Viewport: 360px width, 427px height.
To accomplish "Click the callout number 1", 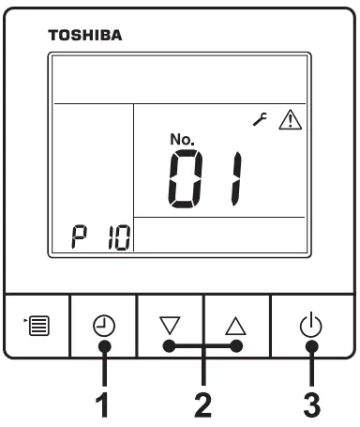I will click(104, 405).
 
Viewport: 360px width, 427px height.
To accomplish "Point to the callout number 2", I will click(202, 405).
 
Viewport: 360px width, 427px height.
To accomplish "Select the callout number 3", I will click(310, 405).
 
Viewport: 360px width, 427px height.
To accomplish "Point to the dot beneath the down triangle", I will click(170, 345).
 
